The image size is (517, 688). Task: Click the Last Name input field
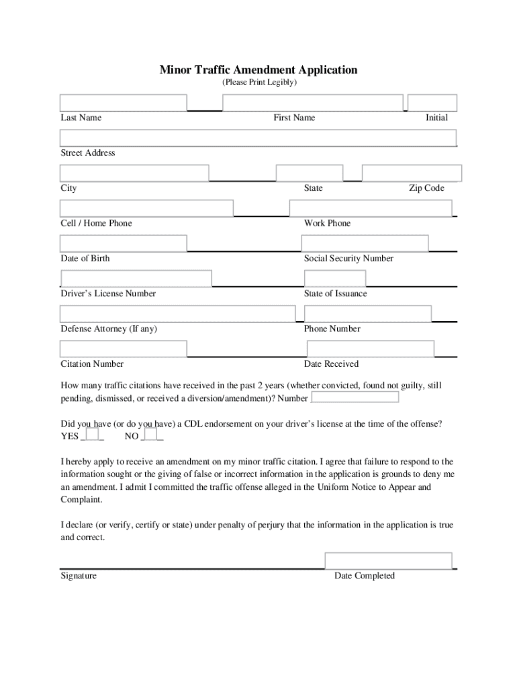point(124,103)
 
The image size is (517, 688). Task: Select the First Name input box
point(314,103)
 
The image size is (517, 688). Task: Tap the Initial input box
point(432,103)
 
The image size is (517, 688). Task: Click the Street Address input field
point(258,138)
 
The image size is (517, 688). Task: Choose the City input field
point(134,173)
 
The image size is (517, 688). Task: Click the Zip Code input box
point(410,173)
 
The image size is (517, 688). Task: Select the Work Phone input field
point(371,208)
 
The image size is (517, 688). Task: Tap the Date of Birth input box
point(124,243)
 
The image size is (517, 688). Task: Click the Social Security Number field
point(365,243)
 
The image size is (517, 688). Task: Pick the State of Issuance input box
point(335,278)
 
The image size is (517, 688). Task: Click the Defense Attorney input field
point(177,314)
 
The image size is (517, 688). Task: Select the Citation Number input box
point(124,349)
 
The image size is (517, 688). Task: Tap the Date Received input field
point(371,349)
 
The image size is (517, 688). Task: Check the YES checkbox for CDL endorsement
point(93,434)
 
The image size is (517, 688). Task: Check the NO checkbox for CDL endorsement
point(150,434)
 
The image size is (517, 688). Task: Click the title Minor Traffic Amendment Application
point(258,70)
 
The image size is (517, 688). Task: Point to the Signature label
point(79,576)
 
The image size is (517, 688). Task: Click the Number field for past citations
point(355,397)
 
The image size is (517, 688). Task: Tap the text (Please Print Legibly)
point(258,83)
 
